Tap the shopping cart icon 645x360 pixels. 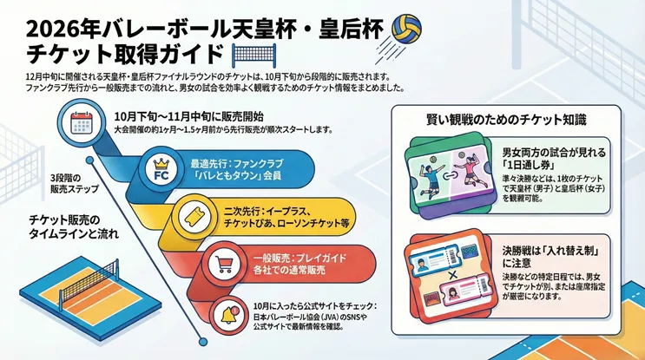pos(225,263)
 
